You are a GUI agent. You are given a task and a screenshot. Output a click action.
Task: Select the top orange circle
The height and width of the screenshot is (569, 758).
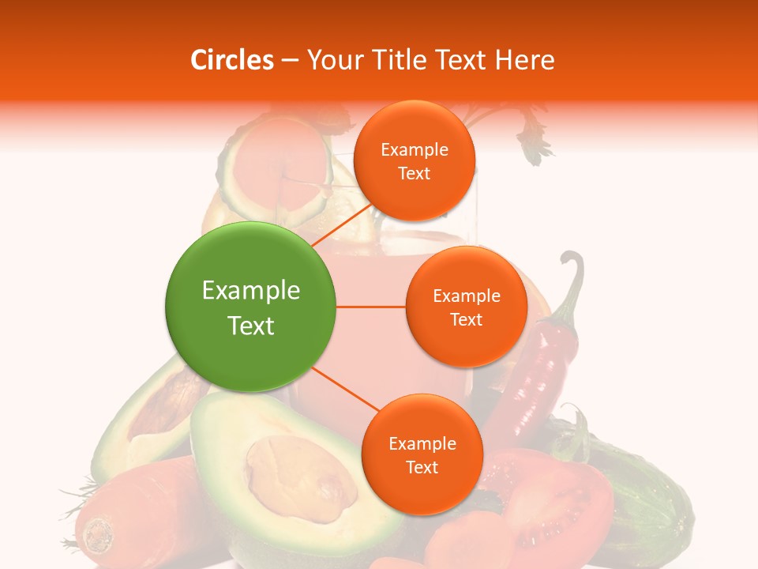pyautogui.click(x=414, y=160)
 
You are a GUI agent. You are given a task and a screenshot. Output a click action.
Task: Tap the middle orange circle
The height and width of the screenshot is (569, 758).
pyautogui.click(x=466, y=307)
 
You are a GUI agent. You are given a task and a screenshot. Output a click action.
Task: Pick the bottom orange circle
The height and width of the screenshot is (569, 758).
pyautogui.click(x=422, y=454)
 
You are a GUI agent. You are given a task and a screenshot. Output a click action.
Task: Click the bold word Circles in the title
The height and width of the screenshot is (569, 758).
pyautogui.click(x=232, y=60)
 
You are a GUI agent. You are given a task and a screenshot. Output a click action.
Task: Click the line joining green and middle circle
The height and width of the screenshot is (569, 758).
pyautogui.click(x=371, y=307)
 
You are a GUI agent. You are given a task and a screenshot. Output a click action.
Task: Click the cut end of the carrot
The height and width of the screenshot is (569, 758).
pyautogui.click(x=98, y=533)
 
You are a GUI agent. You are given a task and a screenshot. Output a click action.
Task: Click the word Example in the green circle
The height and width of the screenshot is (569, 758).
pyautogui.click(x=251, y=291)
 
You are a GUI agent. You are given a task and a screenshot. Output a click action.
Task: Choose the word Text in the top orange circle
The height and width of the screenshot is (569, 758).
pyautogui.click(x=414, y=174)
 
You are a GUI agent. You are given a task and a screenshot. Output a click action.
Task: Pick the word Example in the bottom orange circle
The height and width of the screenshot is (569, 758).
pyautogui.click(x=422, y=443)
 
